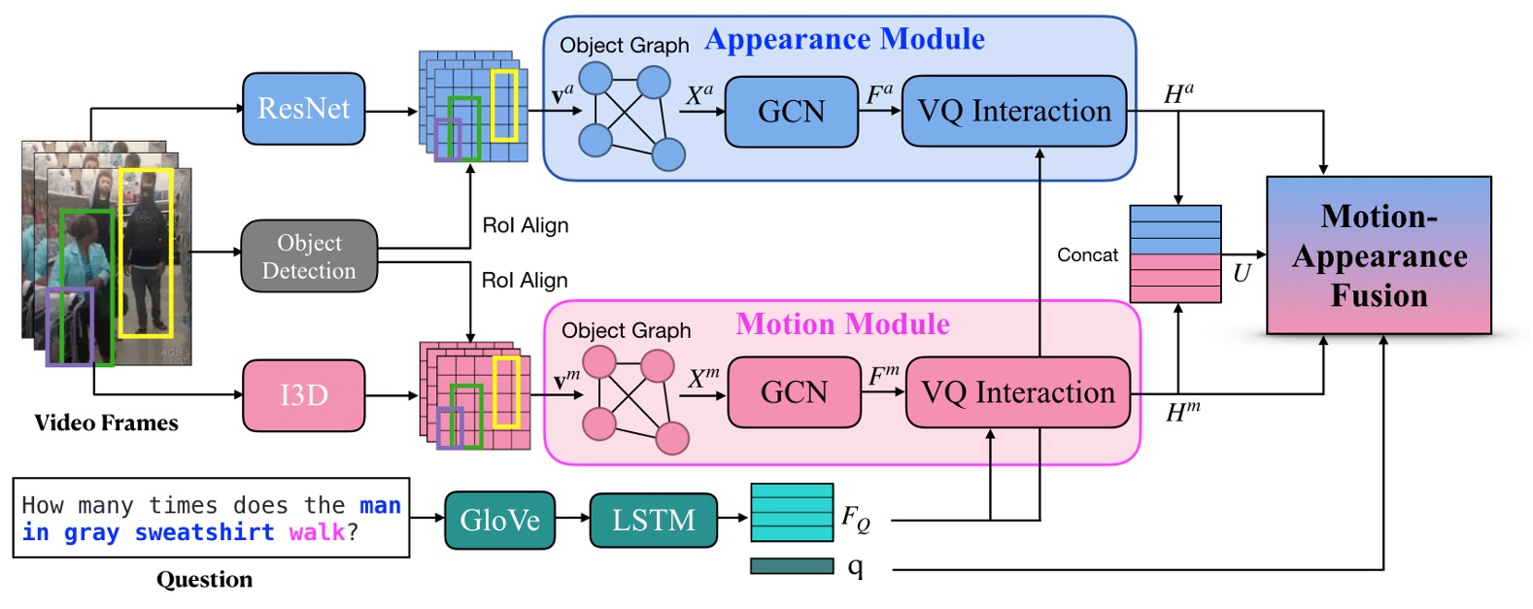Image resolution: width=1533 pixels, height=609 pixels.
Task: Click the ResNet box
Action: pos(303,109)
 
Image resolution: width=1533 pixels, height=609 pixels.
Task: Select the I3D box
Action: pos(303,395)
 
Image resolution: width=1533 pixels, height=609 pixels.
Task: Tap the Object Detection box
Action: pos(309,256)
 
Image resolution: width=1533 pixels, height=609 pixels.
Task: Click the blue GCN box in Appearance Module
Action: pos(791,112)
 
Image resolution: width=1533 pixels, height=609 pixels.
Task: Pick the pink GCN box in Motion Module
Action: pos(794,392)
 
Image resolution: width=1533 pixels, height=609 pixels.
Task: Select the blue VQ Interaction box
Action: pos(1014,112)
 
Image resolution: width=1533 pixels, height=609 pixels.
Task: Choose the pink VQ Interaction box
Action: pos(1017,392)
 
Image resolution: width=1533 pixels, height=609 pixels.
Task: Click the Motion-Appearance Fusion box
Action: pos(1379,255)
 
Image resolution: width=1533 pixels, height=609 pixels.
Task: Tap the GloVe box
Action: pos(499,521)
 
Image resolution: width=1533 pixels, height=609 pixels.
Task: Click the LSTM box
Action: pos(653,521)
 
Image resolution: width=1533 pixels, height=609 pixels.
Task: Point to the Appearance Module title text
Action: pos(844,40)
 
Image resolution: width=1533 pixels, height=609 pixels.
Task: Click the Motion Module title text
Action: pos(842,323)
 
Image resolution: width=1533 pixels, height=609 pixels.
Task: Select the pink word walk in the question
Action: pos(317,532)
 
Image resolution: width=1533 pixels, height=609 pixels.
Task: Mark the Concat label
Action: pos(1087,255)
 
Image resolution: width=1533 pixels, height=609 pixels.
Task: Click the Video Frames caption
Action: pos(106,423)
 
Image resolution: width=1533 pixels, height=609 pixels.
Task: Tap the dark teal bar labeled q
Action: pos(792,565)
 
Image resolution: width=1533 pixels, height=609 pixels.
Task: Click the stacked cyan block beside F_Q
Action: pos(792,512)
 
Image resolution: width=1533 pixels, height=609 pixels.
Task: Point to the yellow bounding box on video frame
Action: pos(146,253)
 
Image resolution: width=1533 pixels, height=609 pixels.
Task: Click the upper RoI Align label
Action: pos(525,225)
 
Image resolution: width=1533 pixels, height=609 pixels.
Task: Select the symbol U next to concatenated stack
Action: pos(1241,274)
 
